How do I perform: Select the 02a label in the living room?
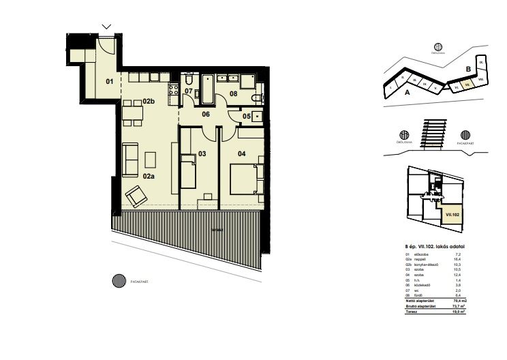coord(148,176)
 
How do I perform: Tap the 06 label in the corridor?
coord(205,115)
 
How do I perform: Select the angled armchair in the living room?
coord(138,196)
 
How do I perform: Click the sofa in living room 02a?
coord(131,158)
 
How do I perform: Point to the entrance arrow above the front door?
coord(106,27)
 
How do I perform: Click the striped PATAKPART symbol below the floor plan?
coord(121,280)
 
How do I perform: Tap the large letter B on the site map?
coord(468,69)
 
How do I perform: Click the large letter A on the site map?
coord(406,91)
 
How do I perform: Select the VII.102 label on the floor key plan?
coord(451,214)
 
